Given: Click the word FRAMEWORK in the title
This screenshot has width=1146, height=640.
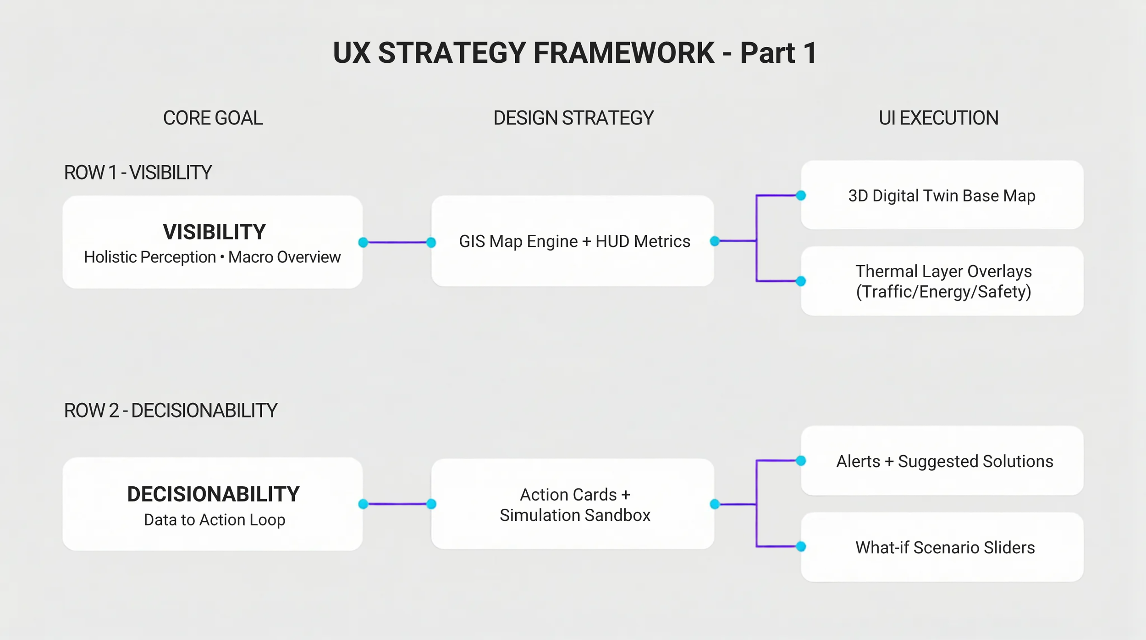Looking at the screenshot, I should coord(623,53).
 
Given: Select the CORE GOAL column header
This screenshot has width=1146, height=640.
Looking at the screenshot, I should coord(213,118).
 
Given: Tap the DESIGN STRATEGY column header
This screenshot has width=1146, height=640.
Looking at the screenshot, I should coord(573,118).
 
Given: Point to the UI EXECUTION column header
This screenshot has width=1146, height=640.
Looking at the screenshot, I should coord(938,118).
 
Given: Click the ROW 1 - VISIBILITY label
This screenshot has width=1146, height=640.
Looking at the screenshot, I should coord(138,173).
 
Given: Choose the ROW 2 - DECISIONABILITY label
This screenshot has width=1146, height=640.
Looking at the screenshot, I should coord(171,410).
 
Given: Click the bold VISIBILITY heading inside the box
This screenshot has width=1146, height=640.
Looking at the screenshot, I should coord(214,232).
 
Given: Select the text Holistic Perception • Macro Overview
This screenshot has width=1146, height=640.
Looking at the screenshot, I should coord(212,257).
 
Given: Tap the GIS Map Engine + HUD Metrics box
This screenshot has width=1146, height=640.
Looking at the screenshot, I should coord(573,241).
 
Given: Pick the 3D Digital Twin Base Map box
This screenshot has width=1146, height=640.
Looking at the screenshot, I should coord(942,195).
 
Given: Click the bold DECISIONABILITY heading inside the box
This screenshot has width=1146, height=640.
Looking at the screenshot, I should coord(213,494).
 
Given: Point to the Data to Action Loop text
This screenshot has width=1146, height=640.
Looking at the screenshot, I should coord(215,520).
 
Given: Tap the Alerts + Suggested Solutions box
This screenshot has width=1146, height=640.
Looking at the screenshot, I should coord(944,461).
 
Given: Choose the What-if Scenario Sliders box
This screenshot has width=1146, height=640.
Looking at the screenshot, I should coord(944,547).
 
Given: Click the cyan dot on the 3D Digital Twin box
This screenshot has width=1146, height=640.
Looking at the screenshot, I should coord(801,195).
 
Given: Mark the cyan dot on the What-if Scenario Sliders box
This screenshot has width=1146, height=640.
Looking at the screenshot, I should coord(801,546).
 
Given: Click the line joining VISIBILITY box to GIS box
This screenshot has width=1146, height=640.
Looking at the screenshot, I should coord(397,242).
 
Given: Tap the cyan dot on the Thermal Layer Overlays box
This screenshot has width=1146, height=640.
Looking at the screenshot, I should coord(801,281).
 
